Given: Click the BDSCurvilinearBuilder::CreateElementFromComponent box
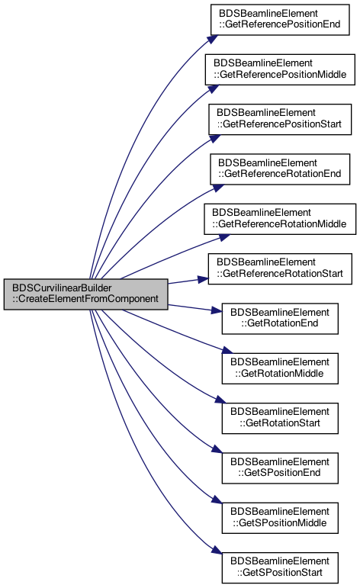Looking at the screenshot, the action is click(86, 294).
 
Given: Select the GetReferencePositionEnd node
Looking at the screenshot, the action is click(280, 20).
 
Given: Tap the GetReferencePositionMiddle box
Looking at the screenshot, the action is click(280, 69).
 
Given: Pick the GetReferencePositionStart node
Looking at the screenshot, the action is click(280, 119).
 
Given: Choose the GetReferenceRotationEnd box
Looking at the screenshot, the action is click(280, 169).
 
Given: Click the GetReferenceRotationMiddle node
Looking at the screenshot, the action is click(280, 219).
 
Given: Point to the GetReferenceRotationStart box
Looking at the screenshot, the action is click(280, 269).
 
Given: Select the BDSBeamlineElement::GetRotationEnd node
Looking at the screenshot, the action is click(280, 318).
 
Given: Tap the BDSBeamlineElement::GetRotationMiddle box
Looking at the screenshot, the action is click(280, 368).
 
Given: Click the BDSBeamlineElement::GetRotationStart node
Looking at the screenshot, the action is click(280, 418).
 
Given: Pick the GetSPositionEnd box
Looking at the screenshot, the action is click(280, 468).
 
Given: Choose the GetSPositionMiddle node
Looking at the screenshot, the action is click(280, 518).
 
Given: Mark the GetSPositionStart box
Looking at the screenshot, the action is click(280, 567).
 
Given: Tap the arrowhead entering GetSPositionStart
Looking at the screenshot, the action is click(217, 550).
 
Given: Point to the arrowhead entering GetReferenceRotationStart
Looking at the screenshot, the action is click(203, 279).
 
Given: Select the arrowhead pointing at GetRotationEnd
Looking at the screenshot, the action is click(217, 310).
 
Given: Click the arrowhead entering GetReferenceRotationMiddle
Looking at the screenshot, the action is click(224, 238).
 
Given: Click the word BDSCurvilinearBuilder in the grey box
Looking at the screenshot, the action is click(62, 288).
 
